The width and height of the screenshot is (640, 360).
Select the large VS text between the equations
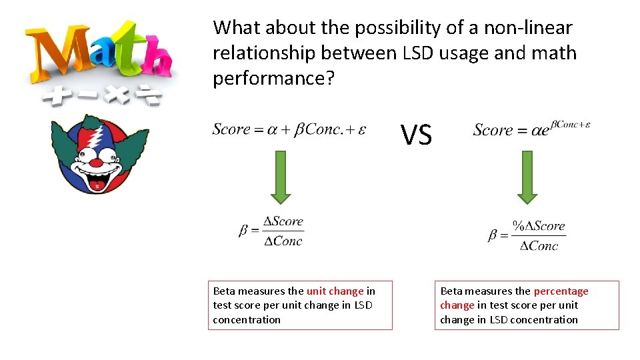(417, 136)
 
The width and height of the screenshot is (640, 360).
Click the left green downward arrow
(281, 177)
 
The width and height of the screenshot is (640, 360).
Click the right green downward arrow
(527, 177)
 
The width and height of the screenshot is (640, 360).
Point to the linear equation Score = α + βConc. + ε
(289, 129)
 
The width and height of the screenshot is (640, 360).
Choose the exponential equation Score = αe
(531, 129)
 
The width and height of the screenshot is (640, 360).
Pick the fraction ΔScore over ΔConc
(271, 231)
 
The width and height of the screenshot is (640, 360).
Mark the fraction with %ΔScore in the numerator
(527, 236)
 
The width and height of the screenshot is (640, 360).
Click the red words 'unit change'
(335, 291)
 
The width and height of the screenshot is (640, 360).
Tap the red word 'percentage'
(561, 291)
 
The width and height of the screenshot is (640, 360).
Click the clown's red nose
(97, 162)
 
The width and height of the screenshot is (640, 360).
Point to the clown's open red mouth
(97, 181)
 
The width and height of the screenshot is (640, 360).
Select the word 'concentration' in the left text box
(247, 320)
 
